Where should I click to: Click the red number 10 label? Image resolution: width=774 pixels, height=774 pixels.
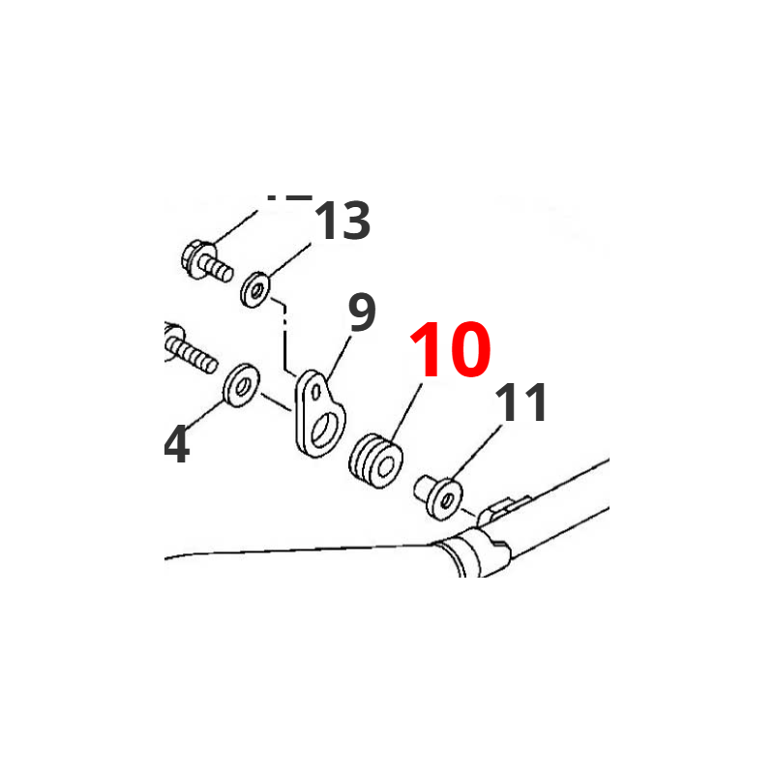click(450, 350)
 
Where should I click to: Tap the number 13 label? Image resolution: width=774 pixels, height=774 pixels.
click(342, 223)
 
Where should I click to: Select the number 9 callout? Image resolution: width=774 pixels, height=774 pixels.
click(360, 313)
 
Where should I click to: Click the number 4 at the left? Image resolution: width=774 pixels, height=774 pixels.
click(176, 446)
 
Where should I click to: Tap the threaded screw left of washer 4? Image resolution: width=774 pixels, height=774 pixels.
click(189, 350)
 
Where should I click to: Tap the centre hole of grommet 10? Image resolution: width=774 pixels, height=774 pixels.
click(387, 469)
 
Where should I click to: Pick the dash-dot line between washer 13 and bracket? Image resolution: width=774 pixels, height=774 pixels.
click(286, 339)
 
